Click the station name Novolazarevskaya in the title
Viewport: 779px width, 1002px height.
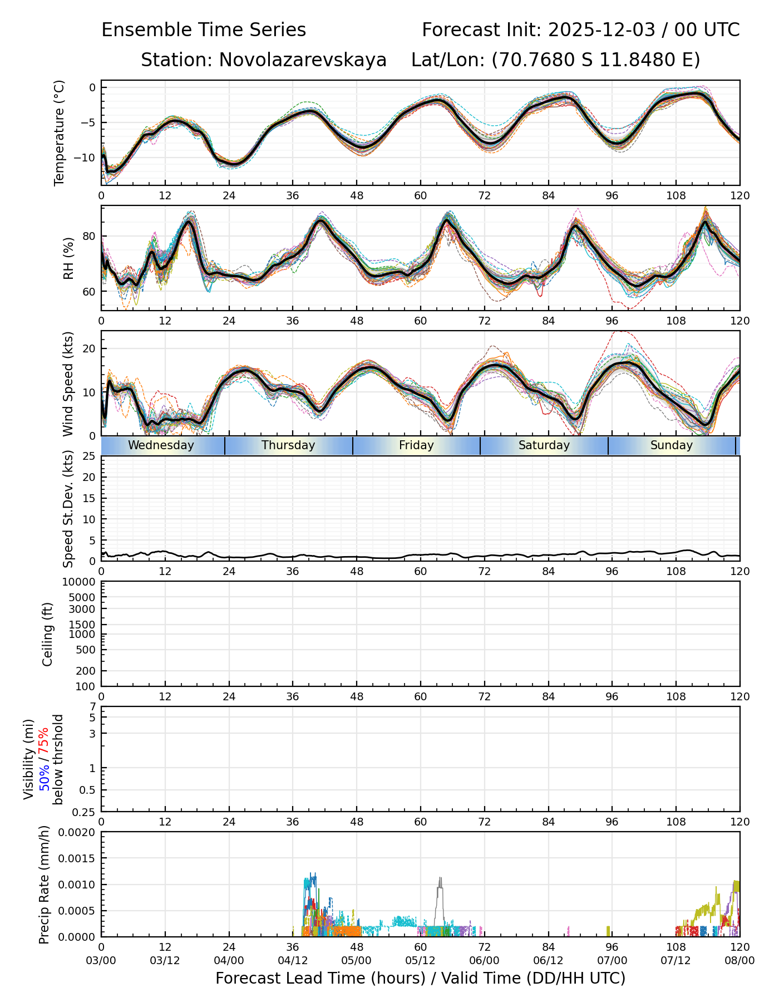[303, 60]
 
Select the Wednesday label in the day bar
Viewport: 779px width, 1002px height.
[161, 445]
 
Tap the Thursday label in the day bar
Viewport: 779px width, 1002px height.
[288, 445]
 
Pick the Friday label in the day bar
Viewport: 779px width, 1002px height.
[416, 445]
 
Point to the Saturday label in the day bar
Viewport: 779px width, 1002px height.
[544, 445]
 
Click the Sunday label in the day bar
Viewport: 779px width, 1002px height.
[672, 445]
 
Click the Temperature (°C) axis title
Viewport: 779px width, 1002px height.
[60, 132]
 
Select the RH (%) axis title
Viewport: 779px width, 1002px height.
[68, 258]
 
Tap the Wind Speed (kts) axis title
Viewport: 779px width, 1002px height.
[68, 384]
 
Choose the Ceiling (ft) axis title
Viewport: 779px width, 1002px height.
[48, 634]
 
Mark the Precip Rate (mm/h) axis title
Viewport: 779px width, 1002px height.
[45, 885]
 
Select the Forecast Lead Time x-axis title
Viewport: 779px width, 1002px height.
[420, 978]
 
